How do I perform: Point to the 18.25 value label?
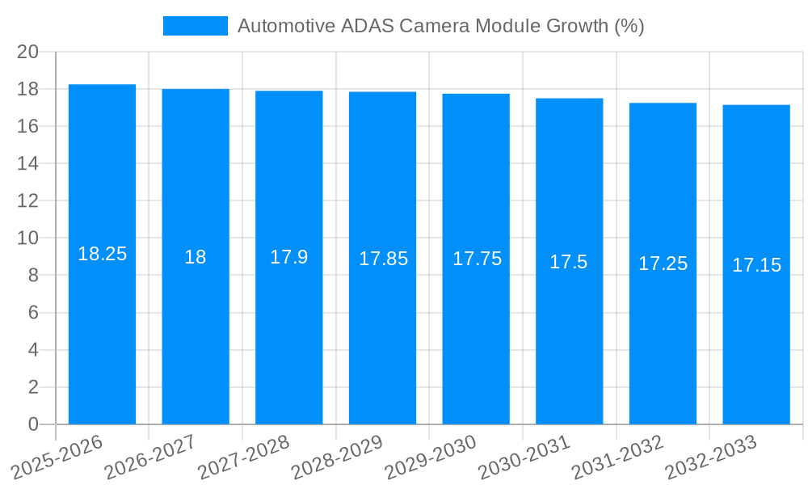coord(102,254)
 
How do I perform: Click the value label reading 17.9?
coord(288,257)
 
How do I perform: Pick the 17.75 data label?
coord(477,259)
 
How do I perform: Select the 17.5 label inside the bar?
coord(569,262)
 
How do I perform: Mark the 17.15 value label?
coord(756,265)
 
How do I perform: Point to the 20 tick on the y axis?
coord(28,52)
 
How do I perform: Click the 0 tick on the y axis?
coord(33,424)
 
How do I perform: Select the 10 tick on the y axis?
coord(28,238)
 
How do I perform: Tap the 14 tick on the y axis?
coord(28,163)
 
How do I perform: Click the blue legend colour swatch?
coord(196,26)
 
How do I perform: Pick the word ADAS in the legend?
coord(369,26)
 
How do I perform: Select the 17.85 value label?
coord(383,259)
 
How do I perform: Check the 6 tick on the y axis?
coord(33,313)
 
